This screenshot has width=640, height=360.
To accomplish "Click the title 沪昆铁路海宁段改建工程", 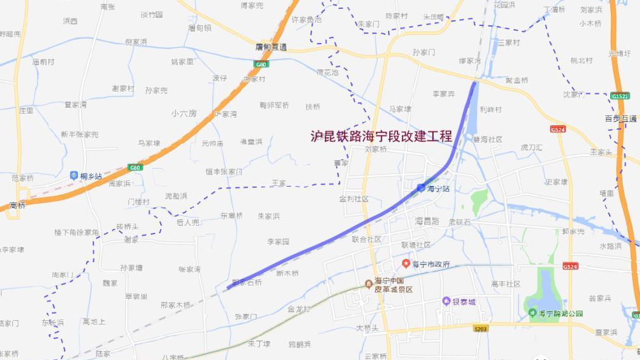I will pyautogui.click(x=381, y=136).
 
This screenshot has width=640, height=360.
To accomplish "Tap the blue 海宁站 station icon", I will pyautogui.click(x=422, y=187).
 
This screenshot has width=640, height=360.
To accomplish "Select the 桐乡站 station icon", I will pyautogui.click(x=75, y=175).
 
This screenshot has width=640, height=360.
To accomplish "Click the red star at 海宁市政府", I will pyautogui.click(x=406, y=263).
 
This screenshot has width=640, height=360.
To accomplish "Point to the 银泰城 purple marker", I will pyautogui.click(x=446, y=302).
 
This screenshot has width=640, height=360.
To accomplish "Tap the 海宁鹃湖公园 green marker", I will pyautogui.click(x=532, y=313).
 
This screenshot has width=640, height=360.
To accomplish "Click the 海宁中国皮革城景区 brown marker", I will pyautogui.click(x=368, y=283).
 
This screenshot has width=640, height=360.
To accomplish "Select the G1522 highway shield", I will pyautogui.click(x=620, y=96).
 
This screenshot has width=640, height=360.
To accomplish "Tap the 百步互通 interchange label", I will pyautogui.click(x=620, y=118).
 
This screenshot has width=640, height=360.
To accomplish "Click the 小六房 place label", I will pyautogui.click(x=184, y=113).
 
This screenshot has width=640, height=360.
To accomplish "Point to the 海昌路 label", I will pyautogui.click(x=427, y=221).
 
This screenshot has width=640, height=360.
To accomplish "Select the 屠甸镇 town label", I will pyautogui.click(x=199, y=28).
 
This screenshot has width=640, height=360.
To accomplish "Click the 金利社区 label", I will pyautogui.click(x=354, y=199).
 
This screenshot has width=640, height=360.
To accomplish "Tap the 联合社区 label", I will pyautogui.click(x=367, y=239).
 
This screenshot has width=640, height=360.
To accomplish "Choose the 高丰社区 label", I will pyautogui.click(x=505, y=284).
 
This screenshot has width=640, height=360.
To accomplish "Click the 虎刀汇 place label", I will pyautogui.click(x=531, y=147).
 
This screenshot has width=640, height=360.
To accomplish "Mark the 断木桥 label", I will pyautogui.click(x=287, y=273).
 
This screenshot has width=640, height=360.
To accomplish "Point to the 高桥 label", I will pyautogui.click(x=18, y=206).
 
